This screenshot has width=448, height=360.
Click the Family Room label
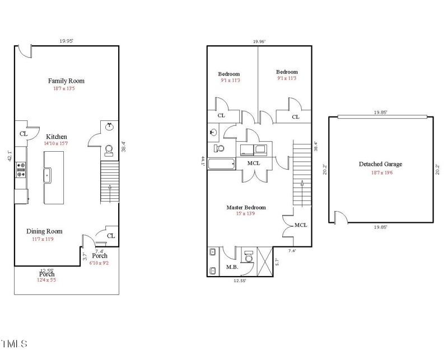(x=66, y=81)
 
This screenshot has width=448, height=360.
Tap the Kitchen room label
(x=57, y=137)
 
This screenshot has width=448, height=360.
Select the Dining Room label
(x=44, y=231)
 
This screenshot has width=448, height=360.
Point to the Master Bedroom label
(x=246, y=208)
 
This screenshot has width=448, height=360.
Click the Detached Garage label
(x=380, y=165)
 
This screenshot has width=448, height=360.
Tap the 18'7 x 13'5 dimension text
(x=66, y=88)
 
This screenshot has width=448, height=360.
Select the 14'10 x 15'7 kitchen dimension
(x=57, y=144)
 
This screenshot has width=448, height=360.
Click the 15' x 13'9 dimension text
(x=246, y=214)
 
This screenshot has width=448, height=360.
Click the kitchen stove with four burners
(x=21, y=169)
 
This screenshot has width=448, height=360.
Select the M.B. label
(x=232, y=267)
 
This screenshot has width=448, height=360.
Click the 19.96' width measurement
(x=259, y=41)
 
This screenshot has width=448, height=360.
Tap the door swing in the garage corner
(x=339, y=217)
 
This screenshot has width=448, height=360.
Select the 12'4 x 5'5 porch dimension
(x=46, y=280)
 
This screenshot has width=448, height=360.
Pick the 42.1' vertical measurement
(x=9, y=155)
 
